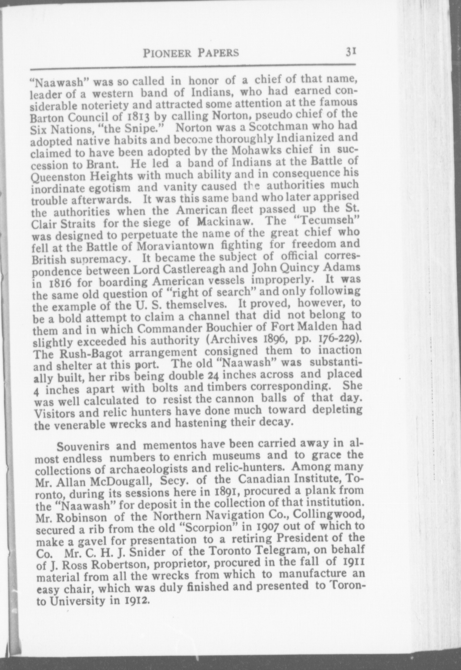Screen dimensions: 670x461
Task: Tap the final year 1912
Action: point(136,601)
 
